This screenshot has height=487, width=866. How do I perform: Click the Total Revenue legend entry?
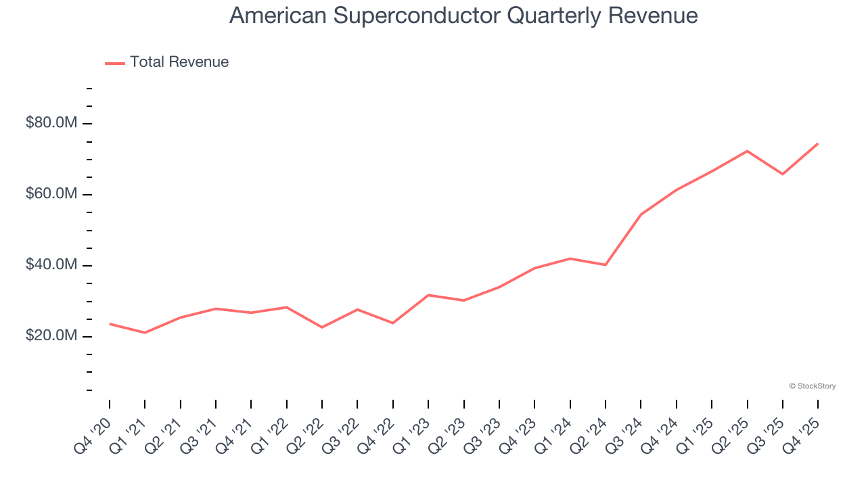[179, 62]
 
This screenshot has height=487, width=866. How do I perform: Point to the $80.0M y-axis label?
[51, 123]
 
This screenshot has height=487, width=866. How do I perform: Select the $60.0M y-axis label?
[51, 194]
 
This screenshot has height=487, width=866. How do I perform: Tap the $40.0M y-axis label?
[51, 265]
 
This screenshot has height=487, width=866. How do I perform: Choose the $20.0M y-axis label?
[51, 336]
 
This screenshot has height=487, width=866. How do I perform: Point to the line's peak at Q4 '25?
[818, 143]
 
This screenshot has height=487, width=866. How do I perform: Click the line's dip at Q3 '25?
[783, 174]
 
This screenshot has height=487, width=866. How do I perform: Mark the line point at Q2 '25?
[747, 151]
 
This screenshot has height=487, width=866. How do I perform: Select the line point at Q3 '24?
[641, 214]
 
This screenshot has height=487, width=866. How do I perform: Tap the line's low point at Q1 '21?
[145, 333]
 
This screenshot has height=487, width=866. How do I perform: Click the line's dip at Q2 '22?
[322, 327]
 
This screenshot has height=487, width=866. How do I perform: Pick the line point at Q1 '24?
[570, 258]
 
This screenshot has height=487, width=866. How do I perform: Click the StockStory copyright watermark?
[812, 386]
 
